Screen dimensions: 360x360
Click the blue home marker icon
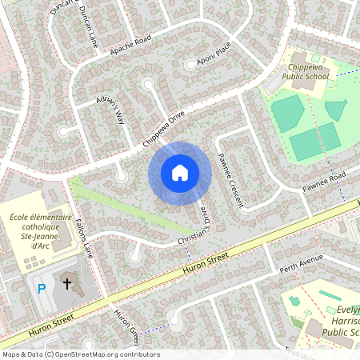pyautogui.click(x=180, y=172)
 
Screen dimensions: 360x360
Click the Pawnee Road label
pyautogui.click(x=323, y=182)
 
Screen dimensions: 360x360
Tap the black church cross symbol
pyautogui.click(x=67, y=282)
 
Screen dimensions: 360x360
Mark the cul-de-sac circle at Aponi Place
pyautogui.click(x=190, y=63)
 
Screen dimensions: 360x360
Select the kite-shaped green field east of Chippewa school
pyautogui.click(x=337, y=109)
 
